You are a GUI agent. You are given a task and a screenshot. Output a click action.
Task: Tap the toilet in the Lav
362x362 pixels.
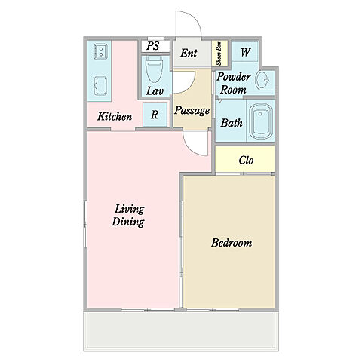[x=154, y=69]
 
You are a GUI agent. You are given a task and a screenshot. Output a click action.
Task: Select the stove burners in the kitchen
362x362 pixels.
[x=100, y=51]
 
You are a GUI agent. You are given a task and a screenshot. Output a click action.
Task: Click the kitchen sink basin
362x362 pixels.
[x=100, y=86]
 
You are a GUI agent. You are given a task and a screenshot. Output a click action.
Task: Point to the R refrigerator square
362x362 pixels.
[x=155, y=115]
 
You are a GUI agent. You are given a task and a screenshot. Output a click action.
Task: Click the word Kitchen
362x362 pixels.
[x=115, y=116]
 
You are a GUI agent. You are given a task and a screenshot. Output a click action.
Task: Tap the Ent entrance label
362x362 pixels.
[x=189, y=53]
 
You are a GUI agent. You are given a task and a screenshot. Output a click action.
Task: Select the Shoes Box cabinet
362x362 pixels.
[x=219, y=54]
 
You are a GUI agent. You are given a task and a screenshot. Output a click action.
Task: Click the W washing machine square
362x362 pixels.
[x=245, y=51]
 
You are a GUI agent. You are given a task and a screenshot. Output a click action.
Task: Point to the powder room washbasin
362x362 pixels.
[x=262, y=81]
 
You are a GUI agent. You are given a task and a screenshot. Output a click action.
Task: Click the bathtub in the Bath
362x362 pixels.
[x=260, y=121]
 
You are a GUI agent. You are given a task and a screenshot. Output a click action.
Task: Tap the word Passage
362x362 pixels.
[x=192, y=110]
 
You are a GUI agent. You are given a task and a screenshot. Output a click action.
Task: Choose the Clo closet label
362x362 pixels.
[x=246, y=160]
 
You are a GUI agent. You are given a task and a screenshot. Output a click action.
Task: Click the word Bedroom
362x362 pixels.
[x=232, y=243]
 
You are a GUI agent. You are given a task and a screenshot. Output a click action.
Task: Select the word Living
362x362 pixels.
[x=130, y=210]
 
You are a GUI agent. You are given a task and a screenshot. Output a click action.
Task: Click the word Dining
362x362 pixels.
[x=128, y=222]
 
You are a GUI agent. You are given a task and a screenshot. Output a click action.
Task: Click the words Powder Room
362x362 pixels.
[x=234, y=83]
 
